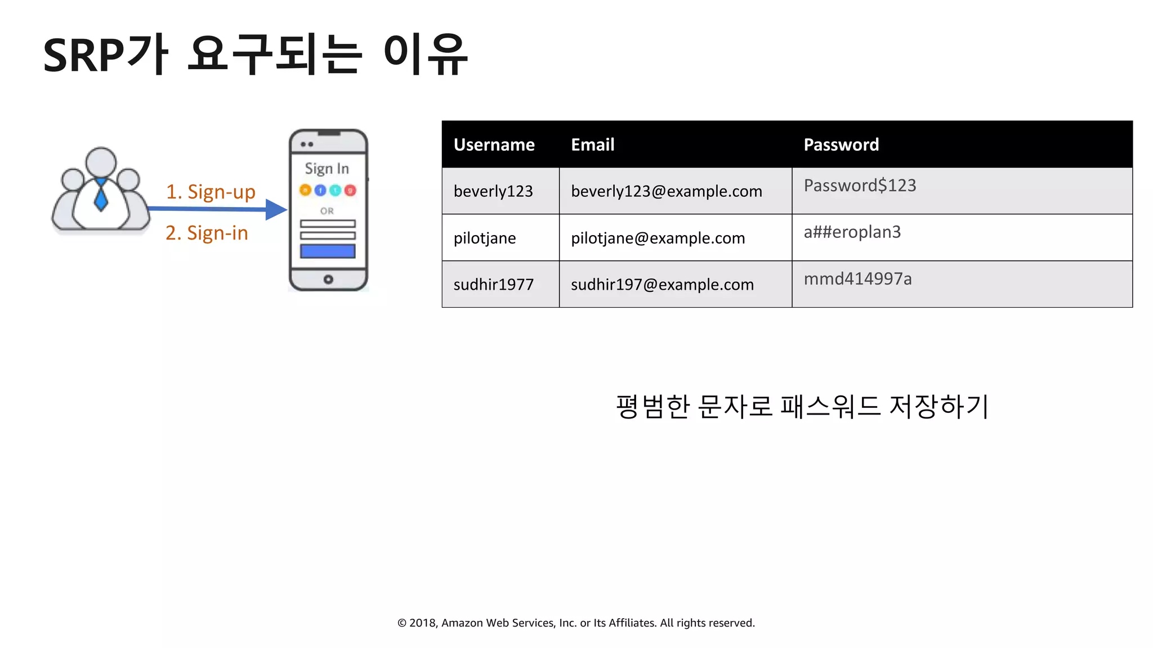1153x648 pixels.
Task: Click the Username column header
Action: [x=494, y=145]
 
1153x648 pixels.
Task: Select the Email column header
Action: [x=592, y=145]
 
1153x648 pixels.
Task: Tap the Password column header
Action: [x=841, y=145]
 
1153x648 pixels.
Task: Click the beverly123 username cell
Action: [x=493, y=191]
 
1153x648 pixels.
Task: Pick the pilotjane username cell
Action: [x=484, y=238]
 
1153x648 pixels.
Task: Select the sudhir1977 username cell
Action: [x=493, y=285]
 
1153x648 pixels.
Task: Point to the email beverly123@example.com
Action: [x=666, y=191]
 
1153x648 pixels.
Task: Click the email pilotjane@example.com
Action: [x=658, y=238]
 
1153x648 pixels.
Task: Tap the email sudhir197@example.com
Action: [x=662, y=285]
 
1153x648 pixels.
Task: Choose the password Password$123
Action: [x=860, y=186]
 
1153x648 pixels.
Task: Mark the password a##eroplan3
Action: [x=852, y=232]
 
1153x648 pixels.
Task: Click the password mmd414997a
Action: [x=857, y=278]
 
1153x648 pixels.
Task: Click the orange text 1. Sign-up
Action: [x=211, y=192]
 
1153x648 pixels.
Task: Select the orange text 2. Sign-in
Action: [x=207, y=233]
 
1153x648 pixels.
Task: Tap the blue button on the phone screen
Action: [x=328, y=251]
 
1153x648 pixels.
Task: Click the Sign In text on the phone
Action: [x=327, y=169]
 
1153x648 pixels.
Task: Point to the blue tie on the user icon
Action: [x=101, y=195]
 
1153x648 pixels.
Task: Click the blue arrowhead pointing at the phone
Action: [x=276, y=210]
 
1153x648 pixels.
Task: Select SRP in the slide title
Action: [x=83, y=56]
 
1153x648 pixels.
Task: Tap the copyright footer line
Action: [x=576, y=623]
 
